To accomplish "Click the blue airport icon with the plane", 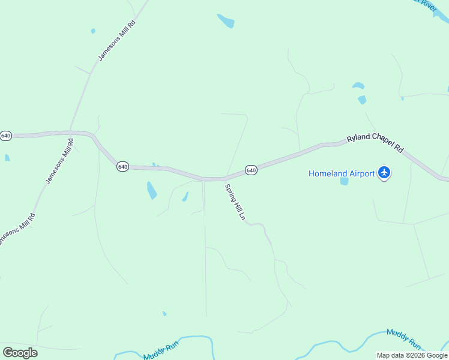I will (x=385, y=173).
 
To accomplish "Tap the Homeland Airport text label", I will (x=342, y=173).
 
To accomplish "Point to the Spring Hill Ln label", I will (x=235, y=202).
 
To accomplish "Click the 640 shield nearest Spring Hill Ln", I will (x=251, y=170).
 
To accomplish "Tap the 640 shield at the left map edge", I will (x=5, y=136).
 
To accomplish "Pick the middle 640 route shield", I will (x=122, y=166).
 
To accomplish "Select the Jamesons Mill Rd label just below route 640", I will (x=59, y=161).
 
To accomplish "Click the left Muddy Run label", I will (x=161, y=351).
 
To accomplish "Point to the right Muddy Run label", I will (x=404, y=338).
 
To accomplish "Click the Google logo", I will (x=20, y=352).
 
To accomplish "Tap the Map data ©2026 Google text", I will (x=412, y=355).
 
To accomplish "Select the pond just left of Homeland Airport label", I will (x=344, y=181).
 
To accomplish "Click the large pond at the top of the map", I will (x=226, y=22).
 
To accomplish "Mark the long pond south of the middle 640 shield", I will (x=152, y=190).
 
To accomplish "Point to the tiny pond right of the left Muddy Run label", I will (x=164, y=314).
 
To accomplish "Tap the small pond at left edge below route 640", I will (x=7, y=158).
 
